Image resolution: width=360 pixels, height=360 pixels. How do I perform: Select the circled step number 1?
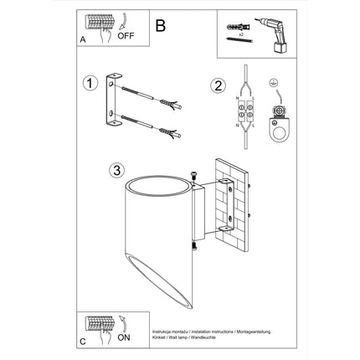[x=89, y=83]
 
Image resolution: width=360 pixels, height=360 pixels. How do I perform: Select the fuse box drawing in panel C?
[x=100, y=323]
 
